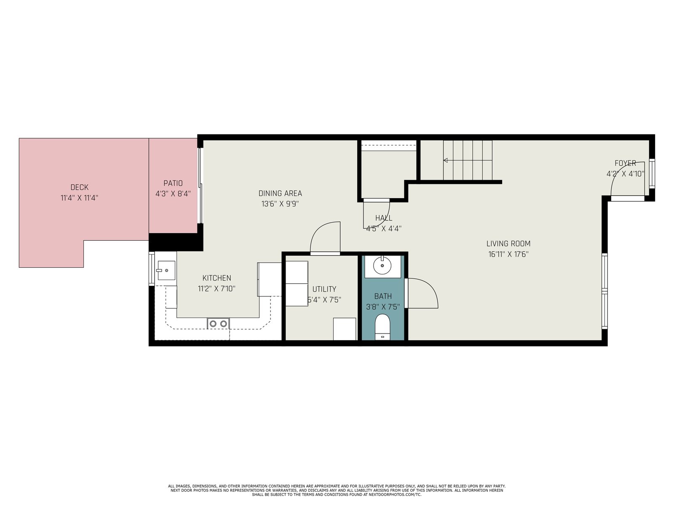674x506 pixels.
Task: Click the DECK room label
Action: [79, 187]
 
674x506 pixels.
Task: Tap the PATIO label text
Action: [173, 183]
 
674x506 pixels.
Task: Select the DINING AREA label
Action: [280, 193]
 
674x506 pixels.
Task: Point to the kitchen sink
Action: [166, 270]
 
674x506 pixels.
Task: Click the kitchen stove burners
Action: [218, 323]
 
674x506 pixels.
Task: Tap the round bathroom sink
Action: [382, 265]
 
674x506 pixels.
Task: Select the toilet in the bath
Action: [382, 327]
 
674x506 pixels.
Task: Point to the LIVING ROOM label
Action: [508, 244]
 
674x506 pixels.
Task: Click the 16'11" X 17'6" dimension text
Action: [508, 254]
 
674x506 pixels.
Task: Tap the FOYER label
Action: [625, 163]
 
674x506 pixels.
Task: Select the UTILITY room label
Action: [324, 289]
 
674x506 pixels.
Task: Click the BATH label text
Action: [383, 296]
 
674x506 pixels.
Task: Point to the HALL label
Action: [383, 218]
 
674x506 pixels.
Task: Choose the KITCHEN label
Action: [217, 278]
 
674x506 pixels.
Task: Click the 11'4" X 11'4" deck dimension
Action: [79, 197]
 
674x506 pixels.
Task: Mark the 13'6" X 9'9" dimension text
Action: [280, 204]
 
